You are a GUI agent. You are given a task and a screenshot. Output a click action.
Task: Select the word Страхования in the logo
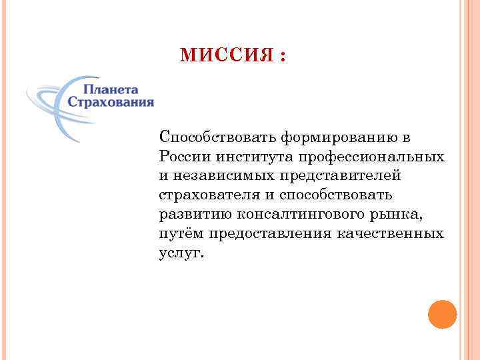(x=111, y=103)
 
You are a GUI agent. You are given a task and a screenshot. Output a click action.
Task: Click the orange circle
(x=442, y=314)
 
